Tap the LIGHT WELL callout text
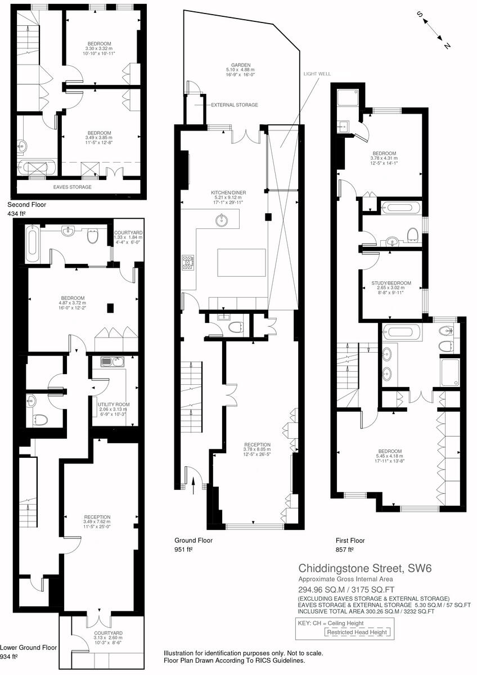click(318, 74)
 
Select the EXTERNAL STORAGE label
click(235, 105)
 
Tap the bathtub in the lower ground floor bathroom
click(31, 245)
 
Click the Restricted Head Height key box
click(358, 632)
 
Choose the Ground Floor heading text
click(193, 541)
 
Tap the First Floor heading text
click(351, 541)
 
